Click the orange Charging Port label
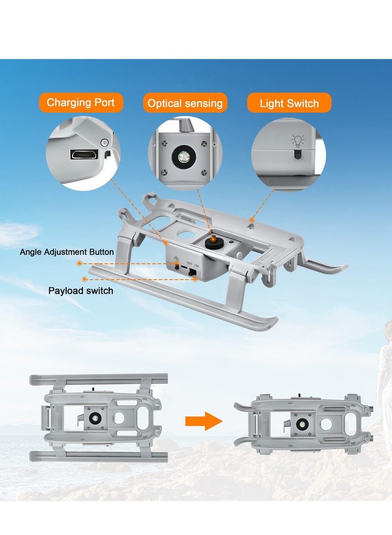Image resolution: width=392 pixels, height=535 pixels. pos(81,102)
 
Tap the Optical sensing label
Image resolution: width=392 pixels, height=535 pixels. pos(185,103)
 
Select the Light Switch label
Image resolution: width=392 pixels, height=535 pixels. pos(289,103)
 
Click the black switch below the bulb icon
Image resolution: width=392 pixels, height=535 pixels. pos(297,154)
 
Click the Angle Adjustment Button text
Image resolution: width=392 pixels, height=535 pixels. pos(67,252)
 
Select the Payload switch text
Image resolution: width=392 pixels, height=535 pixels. pos(80,291)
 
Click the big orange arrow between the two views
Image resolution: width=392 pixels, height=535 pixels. pos(204,421)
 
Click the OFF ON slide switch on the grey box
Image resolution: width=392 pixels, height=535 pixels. pos(191,270)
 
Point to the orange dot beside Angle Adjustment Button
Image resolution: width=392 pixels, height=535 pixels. pos(79,263)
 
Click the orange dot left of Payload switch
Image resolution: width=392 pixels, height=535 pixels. pos(85,279)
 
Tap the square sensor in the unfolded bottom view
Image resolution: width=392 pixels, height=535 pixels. pos(94,418)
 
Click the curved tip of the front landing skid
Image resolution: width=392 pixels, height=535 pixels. pos(270,323)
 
